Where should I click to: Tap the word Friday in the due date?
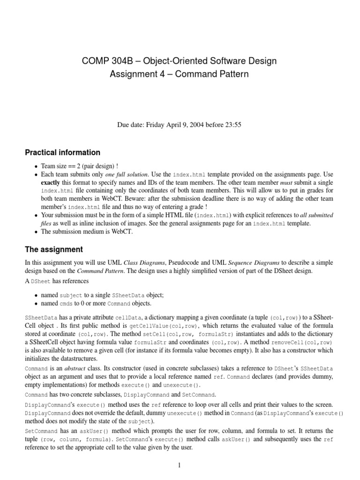click(158, 125)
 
